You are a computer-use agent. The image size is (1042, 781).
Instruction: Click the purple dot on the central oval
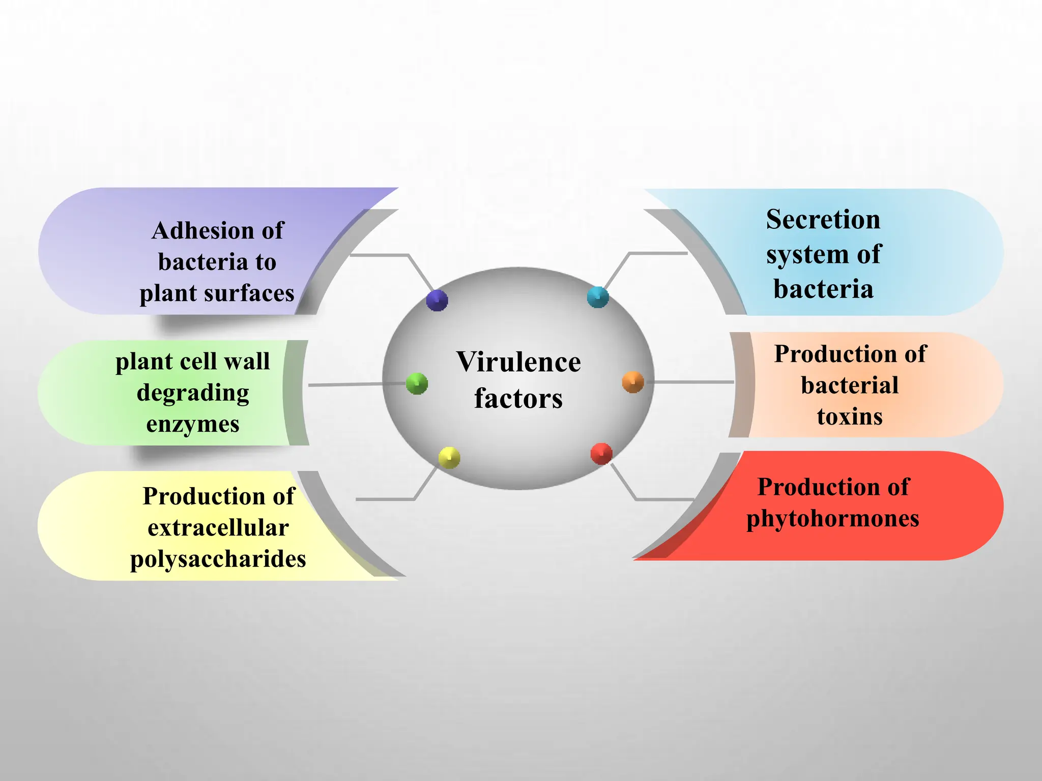pyautogui.click(x=437, y=300)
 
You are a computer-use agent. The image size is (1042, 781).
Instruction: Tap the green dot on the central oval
pyautogui.click(x=417, y=383)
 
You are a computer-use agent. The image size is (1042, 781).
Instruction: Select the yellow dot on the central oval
pyautogui.click(x=449, y=458)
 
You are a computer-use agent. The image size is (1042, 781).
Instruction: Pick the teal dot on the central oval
pyautogui.click(x=598, y=297)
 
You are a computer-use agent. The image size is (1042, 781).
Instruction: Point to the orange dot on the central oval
pyautogui.click(x=633, y=382)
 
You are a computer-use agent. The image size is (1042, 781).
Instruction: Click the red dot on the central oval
pyautogui.click(x=601, y=454)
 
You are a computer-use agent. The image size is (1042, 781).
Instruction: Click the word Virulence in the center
pyautogui.click(x=518, y=362)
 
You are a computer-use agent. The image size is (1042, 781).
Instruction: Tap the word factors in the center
pyautogui.click(x=518, y=398)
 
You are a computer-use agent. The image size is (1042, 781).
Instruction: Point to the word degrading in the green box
pyautogui.click(x=193, y=393)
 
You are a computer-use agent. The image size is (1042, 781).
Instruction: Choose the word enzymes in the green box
pyautogui.click(x=193, y=424)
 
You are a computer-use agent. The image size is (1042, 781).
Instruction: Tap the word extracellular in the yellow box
pyautogui.click(x=218, y=528)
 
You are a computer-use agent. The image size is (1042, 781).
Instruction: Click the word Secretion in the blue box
pyautogui.click(x=823, y=220)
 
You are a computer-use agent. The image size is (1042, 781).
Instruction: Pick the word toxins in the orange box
pyautogui.click(x=850, y=416)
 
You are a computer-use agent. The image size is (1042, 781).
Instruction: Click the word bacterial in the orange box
pyautogui.click(x=850, y=385)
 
